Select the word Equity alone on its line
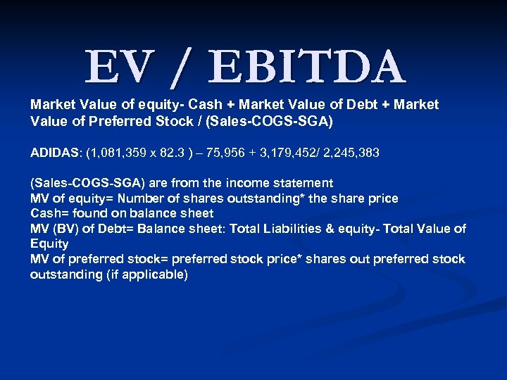pos(49,244)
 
